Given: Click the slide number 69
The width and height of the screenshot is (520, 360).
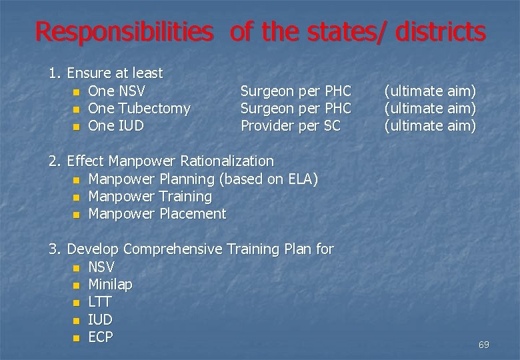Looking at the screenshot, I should (483, 345).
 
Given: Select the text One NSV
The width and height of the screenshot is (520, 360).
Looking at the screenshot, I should (117, 91).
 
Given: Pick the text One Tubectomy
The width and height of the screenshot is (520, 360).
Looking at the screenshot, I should (139, 108).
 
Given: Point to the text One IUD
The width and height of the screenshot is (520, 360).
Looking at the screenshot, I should (115, 125).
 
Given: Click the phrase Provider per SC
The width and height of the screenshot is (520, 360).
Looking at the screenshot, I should (290, 125).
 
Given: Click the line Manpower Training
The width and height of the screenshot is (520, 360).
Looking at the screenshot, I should (150, 197).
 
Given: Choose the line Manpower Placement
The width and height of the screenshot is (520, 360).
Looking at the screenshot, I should (157, 214).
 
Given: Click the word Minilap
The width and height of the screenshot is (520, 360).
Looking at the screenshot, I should (110, 285).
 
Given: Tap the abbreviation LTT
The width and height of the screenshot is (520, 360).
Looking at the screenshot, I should (100, 302).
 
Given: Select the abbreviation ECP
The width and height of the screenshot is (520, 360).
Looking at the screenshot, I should (101, 337).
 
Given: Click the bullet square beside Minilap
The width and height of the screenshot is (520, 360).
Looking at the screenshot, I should (77, 285).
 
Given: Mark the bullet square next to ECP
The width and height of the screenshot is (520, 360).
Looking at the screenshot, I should (77, 338).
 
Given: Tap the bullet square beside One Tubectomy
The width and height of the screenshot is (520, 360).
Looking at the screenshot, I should (77, 109).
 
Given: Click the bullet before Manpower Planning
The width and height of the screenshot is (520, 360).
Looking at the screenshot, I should (77, 179).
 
